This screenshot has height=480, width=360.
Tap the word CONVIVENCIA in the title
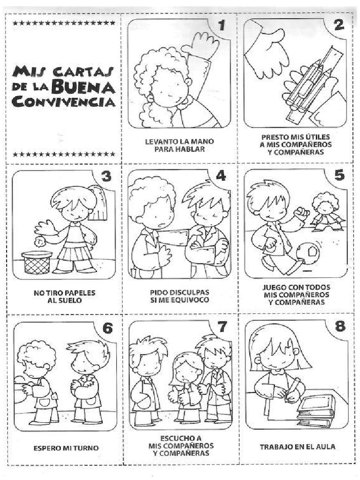(x=64, y=101)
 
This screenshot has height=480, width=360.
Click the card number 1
(x=222, y=25)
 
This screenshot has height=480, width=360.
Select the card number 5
(x=339, y=175)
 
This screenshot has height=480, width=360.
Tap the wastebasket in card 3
(x=37, y=262)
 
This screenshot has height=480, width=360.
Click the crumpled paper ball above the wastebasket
(x=39, y=242)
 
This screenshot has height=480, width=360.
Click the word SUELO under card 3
(x=71, y=300)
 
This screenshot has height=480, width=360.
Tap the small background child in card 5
(x=324, y=212)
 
